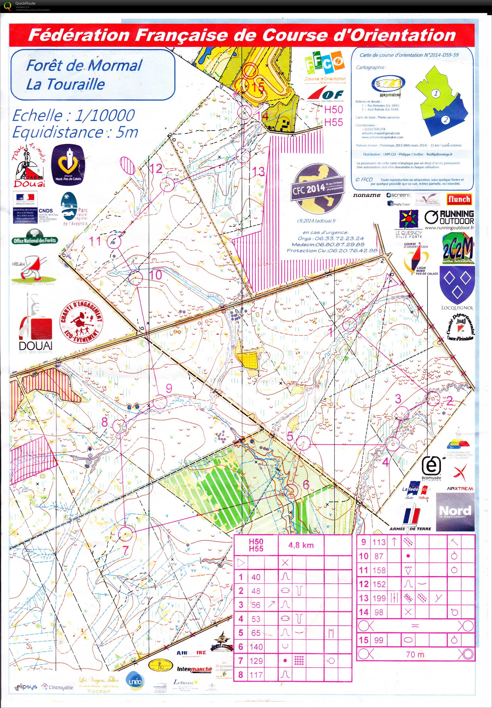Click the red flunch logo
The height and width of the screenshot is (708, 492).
tap(459, 199)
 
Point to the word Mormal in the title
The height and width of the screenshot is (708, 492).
tap(115, 66)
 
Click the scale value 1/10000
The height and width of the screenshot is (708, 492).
tap(105, 115)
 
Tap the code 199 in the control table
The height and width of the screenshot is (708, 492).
tap(379, 598)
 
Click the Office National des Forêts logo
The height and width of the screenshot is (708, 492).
tap(34, 240)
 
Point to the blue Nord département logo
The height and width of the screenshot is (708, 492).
tap(455, 512)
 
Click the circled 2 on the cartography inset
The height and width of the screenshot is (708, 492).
tap(445, 120)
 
